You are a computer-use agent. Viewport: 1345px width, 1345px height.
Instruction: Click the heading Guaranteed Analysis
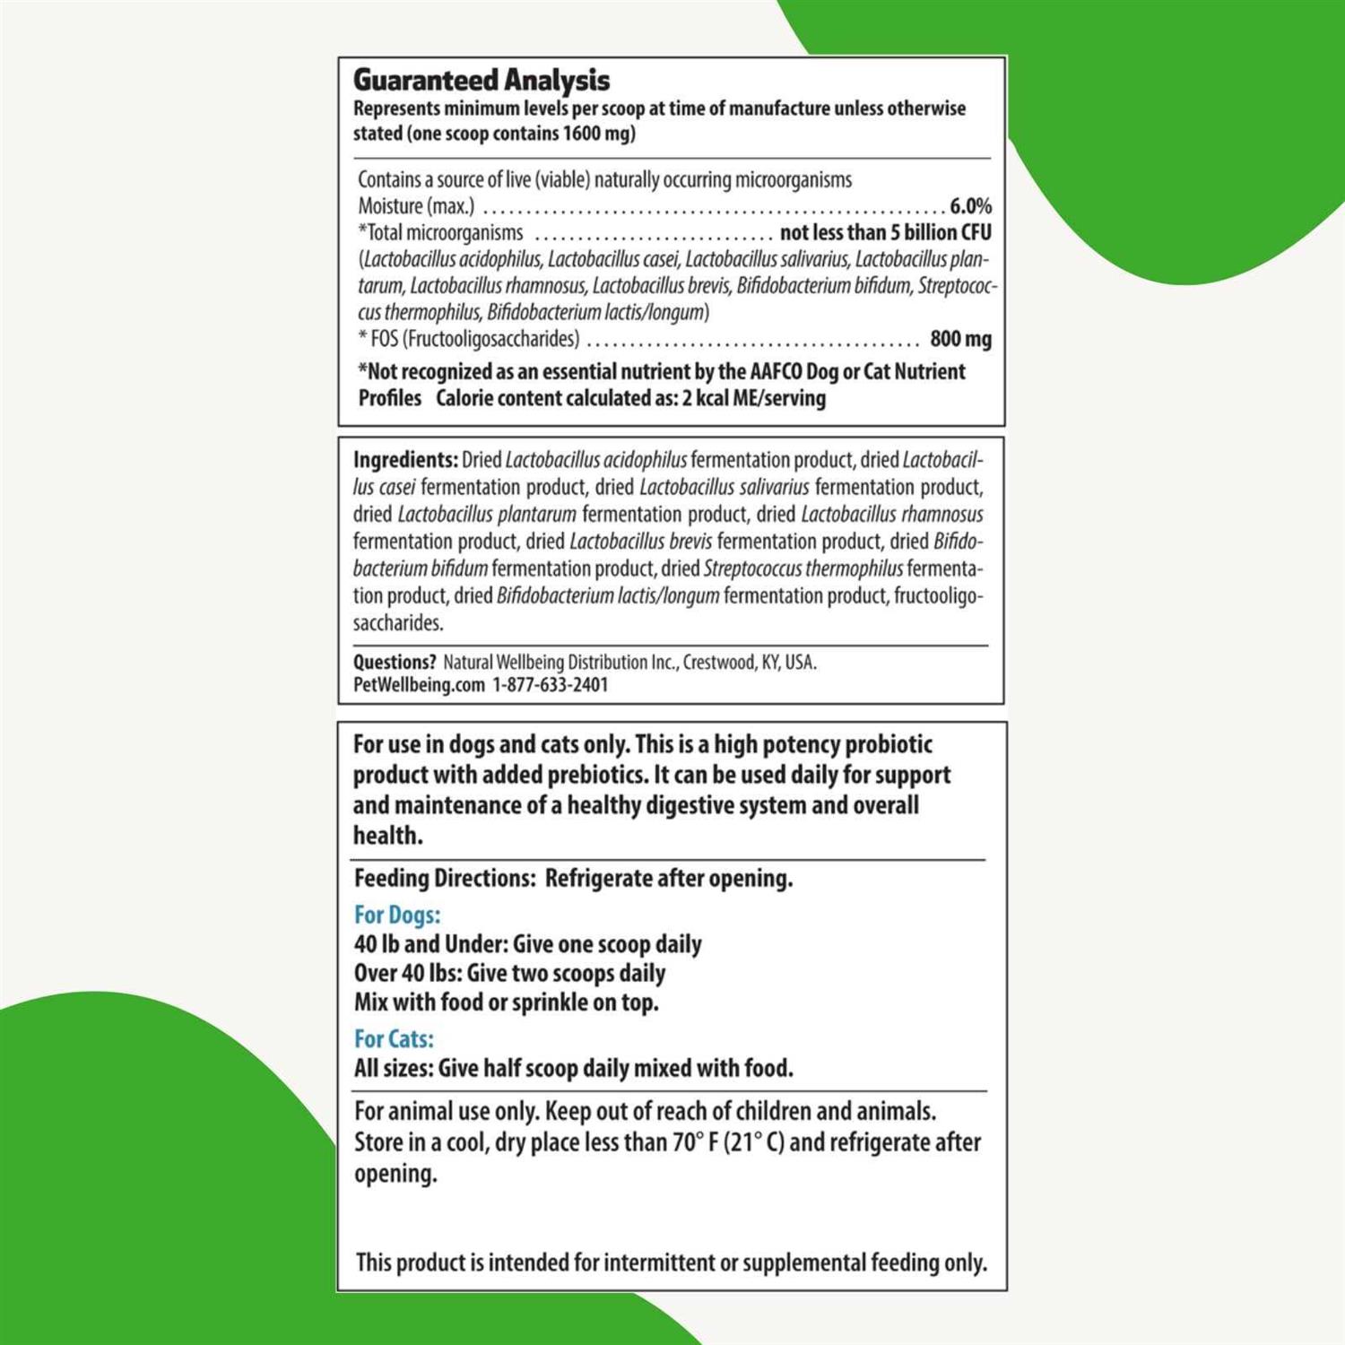(x=482, y=81)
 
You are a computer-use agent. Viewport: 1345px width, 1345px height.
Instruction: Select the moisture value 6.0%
(x=970, y=206)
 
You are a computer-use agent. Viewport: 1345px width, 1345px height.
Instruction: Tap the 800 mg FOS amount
(x=960, y=339)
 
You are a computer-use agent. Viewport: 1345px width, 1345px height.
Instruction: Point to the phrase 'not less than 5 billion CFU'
(x=885, y=233)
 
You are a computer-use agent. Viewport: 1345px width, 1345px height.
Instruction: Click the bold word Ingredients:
(x=405, y=460)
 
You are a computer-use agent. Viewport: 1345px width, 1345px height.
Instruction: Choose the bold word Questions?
(x=395, y=663)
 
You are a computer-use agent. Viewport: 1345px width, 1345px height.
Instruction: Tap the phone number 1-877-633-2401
(x=550, y=685)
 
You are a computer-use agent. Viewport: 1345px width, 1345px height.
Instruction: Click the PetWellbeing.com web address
(x=419, y=685)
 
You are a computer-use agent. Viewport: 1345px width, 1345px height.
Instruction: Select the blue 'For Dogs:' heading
(x=397, y=915)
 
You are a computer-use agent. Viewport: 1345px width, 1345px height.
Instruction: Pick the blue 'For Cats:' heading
(x=394, y=1038)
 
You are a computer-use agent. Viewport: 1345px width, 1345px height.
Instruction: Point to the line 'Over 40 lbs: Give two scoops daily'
(x=509, y=973)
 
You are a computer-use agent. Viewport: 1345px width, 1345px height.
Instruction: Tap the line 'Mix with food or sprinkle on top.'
(x=506, y=1002)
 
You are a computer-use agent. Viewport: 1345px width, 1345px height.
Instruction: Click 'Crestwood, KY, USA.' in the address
(x=750, y=663)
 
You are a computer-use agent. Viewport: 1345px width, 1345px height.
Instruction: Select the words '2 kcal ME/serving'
(x=753, y=398)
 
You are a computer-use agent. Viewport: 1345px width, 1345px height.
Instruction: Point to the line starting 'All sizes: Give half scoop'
(x=573, y=1068)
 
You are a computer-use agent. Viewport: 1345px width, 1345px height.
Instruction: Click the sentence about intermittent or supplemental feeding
(x=671, y=1263)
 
